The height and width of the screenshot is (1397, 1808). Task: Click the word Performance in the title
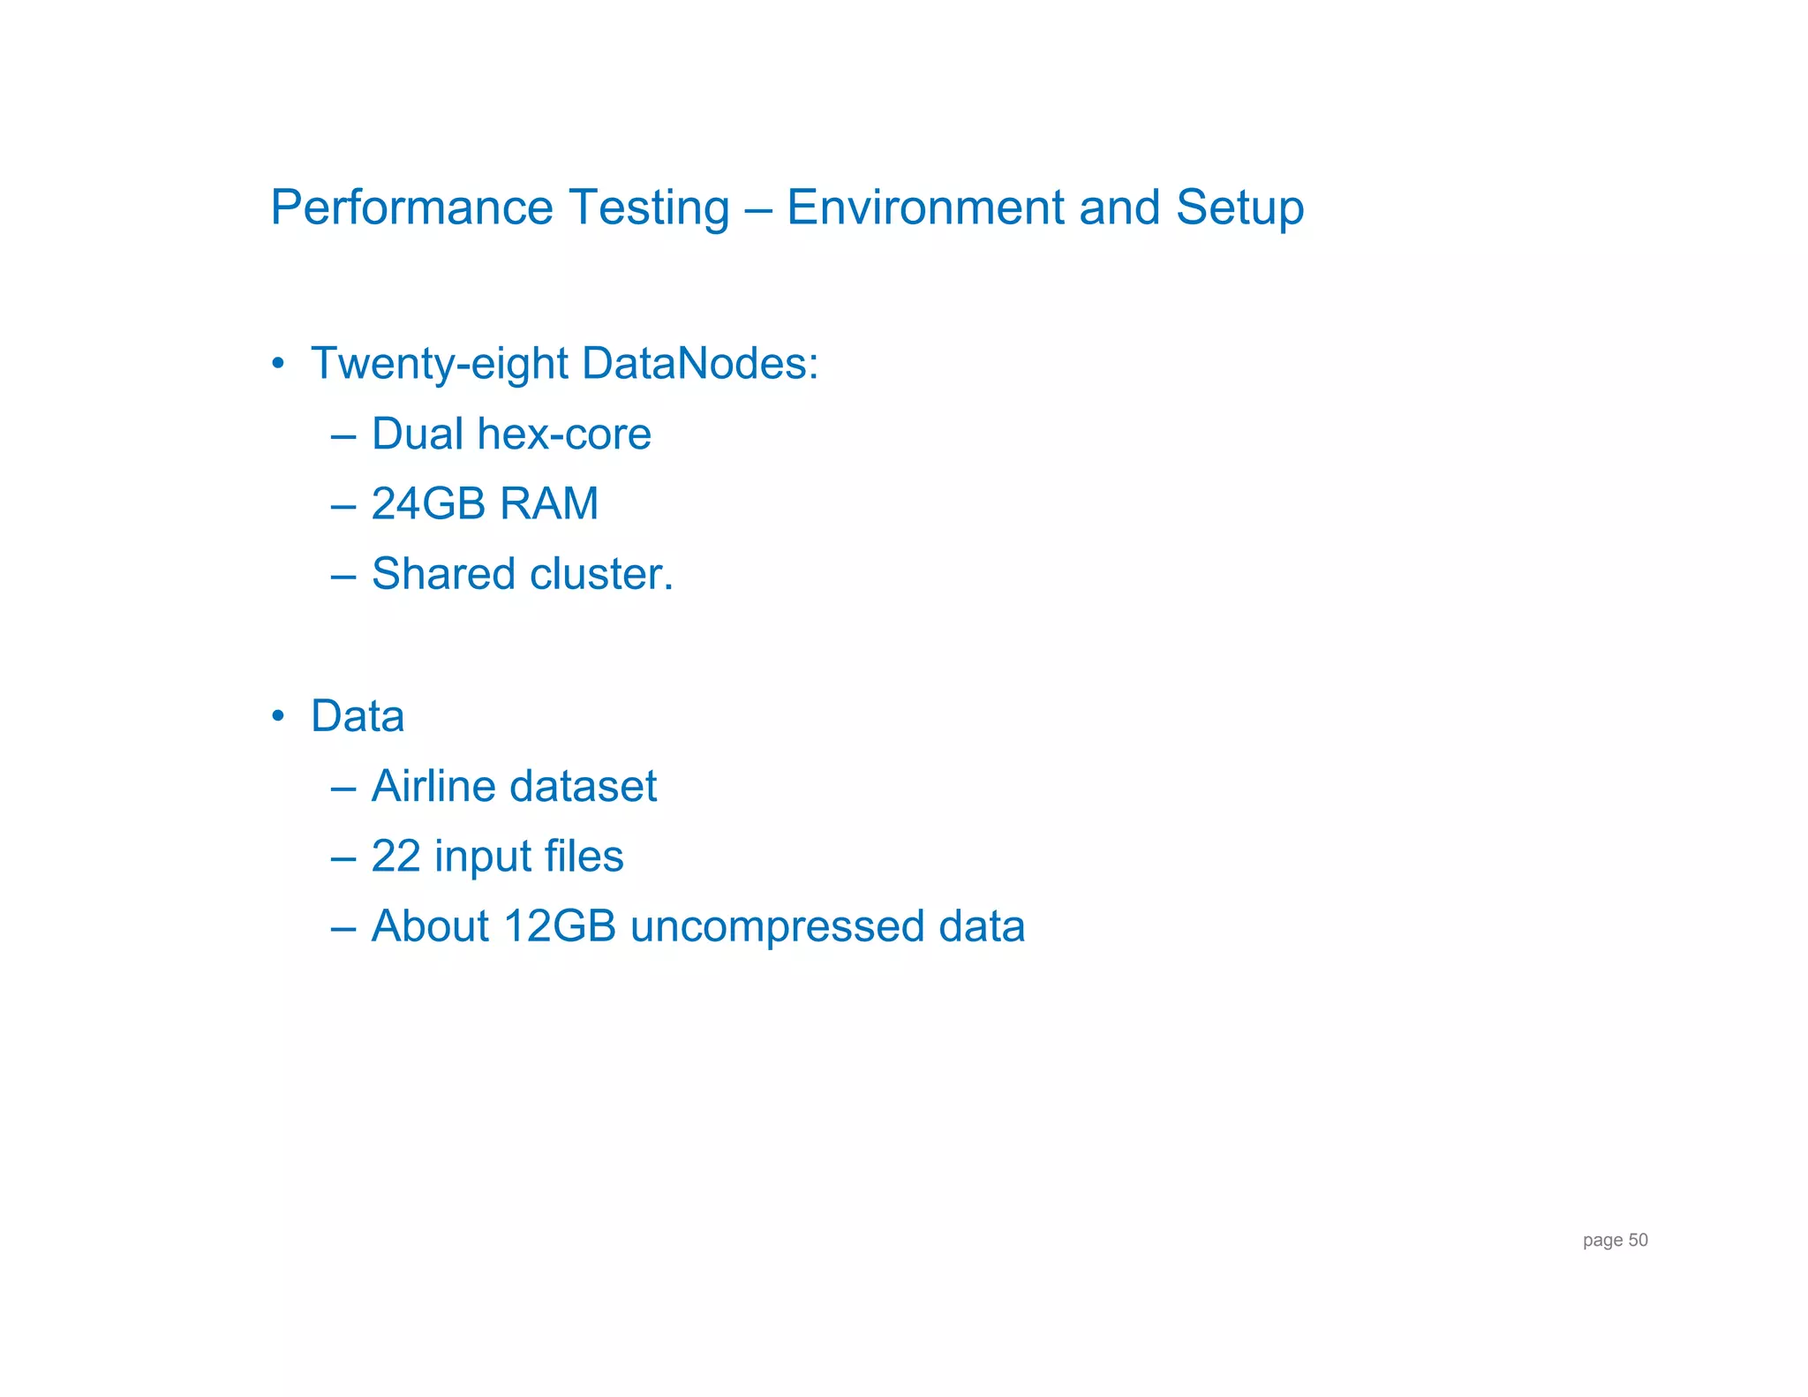tap(411, 208)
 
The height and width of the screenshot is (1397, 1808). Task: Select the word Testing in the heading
tap(649, 208)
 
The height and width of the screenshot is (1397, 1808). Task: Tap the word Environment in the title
tap(925, 208)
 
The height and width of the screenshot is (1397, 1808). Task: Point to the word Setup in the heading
tap(1239, 208)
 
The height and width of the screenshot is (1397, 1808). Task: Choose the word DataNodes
tap(699, 364)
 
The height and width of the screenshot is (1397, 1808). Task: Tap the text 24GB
tap(428, 504)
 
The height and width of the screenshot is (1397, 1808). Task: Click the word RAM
tap(548, 504)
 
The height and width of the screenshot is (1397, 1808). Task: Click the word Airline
tap(433, 786)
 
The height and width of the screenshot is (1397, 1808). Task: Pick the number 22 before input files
tap(395, 857)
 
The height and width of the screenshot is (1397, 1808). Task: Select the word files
tap(584, 857)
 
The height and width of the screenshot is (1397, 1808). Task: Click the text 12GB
tap(560, 927)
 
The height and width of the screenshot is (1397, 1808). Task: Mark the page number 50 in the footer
tap(1638, 1240)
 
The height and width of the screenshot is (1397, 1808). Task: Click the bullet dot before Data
tap(278, 715)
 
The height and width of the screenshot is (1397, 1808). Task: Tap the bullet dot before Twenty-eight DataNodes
tap(278, 364)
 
